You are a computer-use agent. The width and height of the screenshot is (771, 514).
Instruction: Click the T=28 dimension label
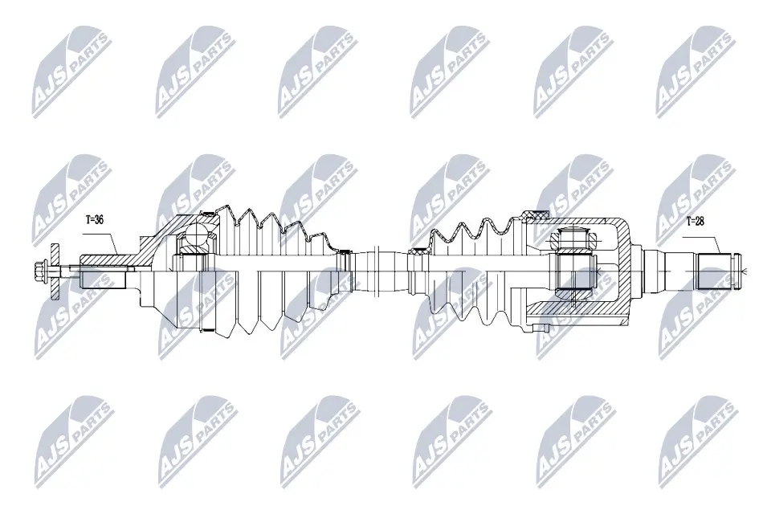[696, 221]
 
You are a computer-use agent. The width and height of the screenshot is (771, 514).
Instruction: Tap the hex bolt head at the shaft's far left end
[39, 271]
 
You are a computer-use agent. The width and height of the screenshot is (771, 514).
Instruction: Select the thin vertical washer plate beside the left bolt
[55, 271]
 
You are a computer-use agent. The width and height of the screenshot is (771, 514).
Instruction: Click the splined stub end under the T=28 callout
[718, 271]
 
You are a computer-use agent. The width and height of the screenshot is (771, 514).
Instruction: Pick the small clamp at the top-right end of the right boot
[531, 214]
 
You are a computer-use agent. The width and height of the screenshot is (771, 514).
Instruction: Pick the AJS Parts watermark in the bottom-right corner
[696, 439]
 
